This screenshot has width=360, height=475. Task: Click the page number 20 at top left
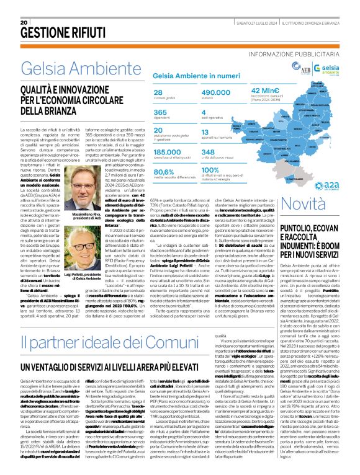(24, 22)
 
